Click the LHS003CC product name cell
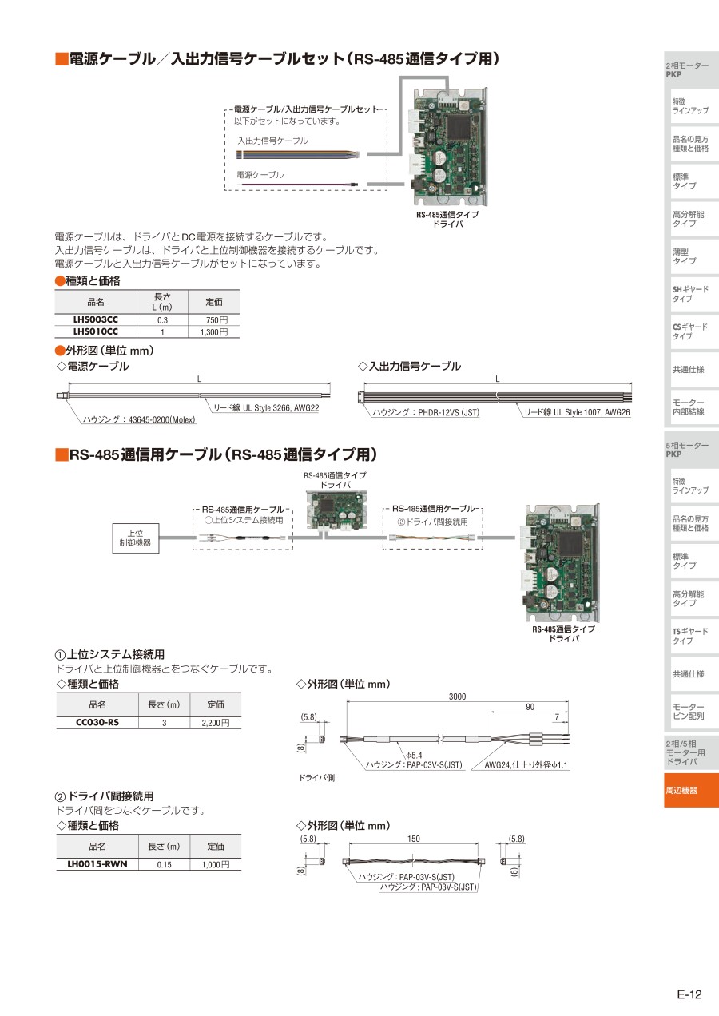pyautogui.click(x=96, y=319)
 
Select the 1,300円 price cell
pyautogui.click(x=213, y=332)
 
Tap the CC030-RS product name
pyautogui.click(x=97, y=722)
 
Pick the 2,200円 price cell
pyautogui.click(x=216, y=723)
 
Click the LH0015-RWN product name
pyautogui.click(x=97, y=864)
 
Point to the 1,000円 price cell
pyautogui.click(x=216, y=864)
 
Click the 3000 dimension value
pyautogui.click(x=457, y=697)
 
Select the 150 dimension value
pyautogui.click(x=413, y=839)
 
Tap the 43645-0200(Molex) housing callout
pyautogui.click(x=139, y=419)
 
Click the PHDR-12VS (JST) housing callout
pyautogui.click(x=426, y=412)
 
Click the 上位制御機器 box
pyautogui.click(x=136, y=538)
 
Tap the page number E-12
pyautogui.click(x=689, y=994)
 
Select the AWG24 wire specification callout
pyautogui.click(x=526, y=764)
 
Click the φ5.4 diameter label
pyautogui.click(x=414, y=755)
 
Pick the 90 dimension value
pyautogui.click(x=530, y=707)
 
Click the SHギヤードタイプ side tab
pyautogui.click(x=690, y=294)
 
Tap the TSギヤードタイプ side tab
pyautogui.click(x=690, y=636)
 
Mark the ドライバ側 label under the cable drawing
pyautogui.click(x=316, y=778)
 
